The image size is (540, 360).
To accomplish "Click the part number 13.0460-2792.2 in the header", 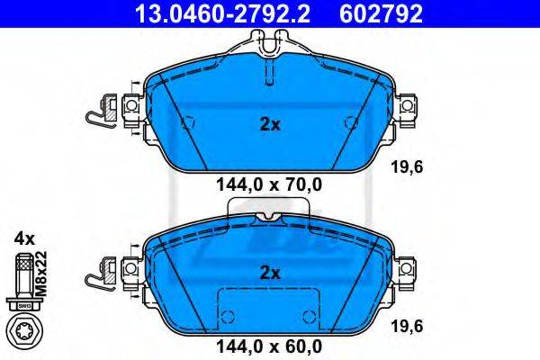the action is [222, 13].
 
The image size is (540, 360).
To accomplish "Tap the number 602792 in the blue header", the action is [381, 13].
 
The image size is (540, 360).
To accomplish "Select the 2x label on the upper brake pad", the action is [270, 125].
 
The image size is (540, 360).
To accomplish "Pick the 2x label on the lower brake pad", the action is [270, 274].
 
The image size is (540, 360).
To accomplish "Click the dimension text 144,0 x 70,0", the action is [269, 185].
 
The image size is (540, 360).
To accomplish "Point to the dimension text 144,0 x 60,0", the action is [269, 346].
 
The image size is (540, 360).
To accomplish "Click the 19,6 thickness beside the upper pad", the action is [407, 167].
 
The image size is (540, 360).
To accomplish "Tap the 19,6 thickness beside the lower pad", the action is [407, 326].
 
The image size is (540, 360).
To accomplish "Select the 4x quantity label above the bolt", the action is [24, 238].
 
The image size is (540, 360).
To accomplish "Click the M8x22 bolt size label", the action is [41, 274].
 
